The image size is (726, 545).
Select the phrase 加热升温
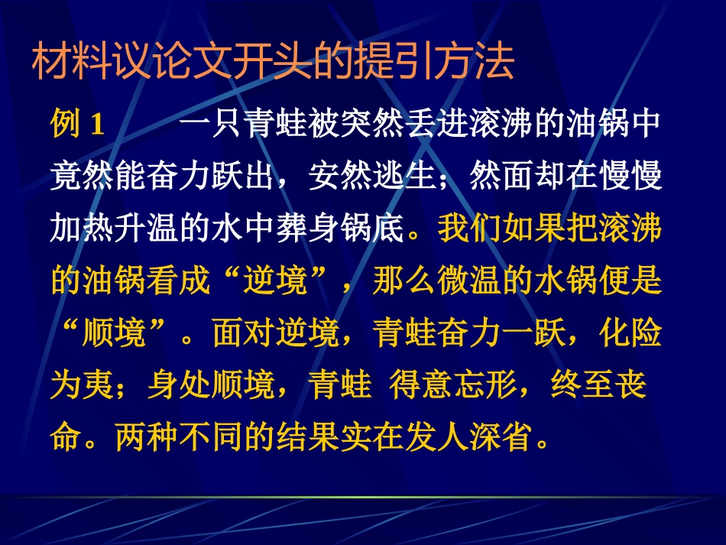(x=115, y=229)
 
